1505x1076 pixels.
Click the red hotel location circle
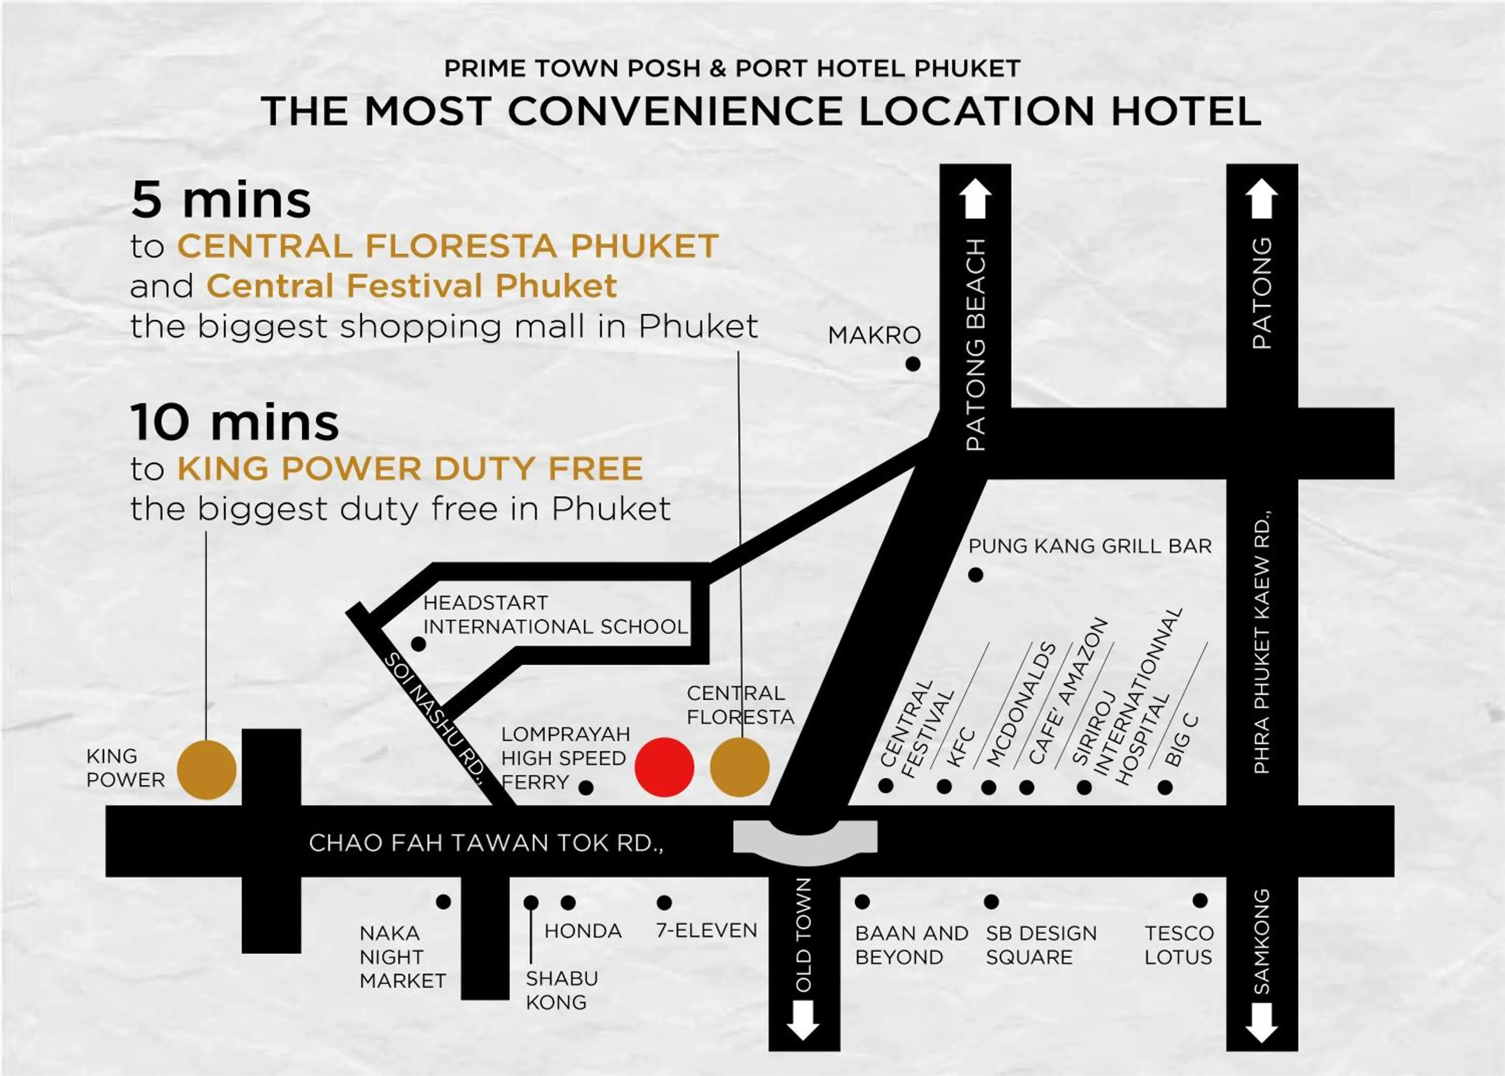664,767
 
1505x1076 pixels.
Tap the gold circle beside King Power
207,770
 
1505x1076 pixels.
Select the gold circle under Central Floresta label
739,767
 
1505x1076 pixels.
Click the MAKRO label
874,335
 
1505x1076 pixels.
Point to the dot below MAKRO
913,364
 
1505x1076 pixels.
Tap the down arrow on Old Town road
803,1021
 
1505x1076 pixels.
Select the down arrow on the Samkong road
1261,1024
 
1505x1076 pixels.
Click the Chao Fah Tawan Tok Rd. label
486,843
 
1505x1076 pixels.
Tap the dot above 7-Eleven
664,903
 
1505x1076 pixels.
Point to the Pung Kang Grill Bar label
1090,546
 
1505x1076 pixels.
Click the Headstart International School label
555,614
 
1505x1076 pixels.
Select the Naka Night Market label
402,957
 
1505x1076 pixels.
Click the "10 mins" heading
235,423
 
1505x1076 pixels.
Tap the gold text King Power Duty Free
410,468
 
